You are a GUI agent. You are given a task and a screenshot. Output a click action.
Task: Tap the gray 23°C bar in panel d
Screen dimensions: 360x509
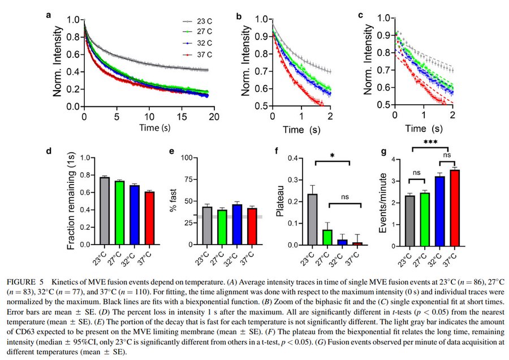pos(105,211)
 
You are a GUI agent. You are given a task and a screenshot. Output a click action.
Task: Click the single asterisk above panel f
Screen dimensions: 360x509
pos(333,155)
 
